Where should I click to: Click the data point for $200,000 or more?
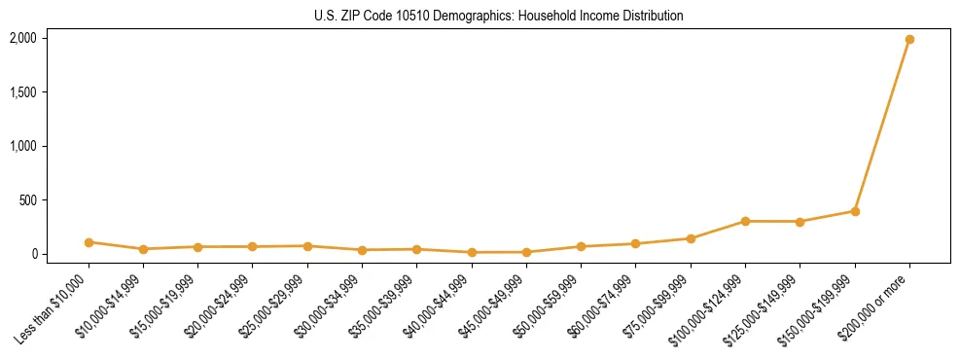click(909, 40)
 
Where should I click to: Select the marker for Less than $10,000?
click(89, 242)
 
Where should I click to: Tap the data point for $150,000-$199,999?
click(855, 211)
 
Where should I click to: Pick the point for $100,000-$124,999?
click(745, 221)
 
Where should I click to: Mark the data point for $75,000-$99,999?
click(691, 238)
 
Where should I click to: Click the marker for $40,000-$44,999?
click(472, 252)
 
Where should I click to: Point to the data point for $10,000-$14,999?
click(143, 249)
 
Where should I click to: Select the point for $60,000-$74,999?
click(635, 244)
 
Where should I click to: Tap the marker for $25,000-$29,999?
click(307, 246)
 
